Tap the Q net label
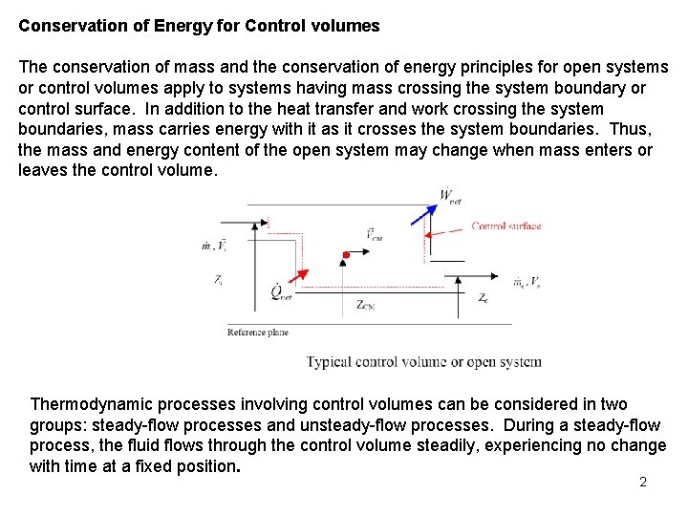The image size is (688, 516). tap(282, 293)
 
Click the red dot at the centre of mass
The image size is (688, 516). tap(346, 255)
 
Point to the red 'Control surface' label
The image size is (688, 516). tap(506, 226)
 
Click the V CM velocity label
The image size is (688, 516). tap(374, 235)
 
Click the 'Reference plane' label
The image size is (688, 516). tap(257, 333)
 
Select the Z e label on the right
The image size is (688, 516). tap(484, 298)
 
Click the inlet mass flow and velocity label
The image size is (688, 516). tap(214, 246)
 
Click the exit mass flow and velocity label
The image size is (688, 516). tap(527, 282)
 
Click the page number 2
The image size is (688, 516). tap(643, 482)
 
